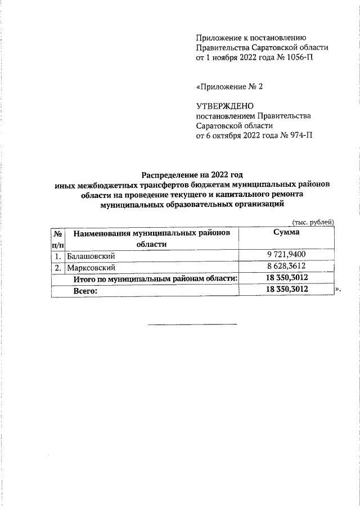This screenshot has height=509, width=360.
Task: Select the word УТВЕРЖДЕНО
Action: [225, 105]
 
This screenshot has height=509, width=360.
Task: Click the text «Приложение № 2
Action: [229, 87]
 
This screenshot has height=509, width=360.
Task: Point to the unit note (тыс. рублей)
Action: [313, 222]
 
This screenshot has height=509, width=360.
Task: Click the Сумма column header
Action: [286, 232]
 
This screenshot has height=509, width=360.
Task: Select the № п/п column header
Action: [57, 238]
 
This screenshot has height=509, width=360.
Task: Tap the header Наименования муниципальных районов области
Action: [152, 238]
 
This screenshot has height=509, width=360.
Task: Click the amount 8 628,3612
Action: [286, 268]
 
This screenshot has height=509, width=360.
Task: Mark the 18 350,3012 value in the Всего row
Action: [286, 290]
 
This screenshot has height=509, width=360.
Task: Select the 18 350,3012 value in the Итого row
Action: [286, 278]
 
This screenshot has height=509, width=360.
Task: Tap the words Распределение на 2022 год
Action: [194, 174]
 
